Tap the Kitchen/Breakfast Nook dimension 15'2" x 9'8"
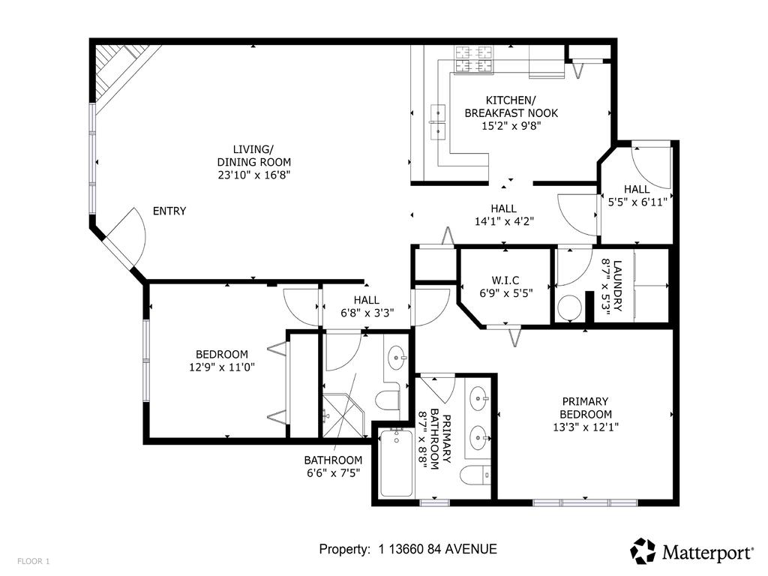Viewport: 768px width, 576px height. pyautogui.click(x=511, y=126)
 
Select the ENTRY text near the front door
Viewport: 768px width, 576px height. pyautogui.click(x=169, y=211)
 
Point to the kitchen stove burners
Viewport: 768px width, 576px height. pyautogui.click(x=475, y=60)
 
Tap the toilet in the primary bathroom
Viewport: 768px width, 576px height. pyautogui.click(x=475, y=475)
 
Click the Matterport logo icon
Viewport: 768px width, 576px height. pyautogui.click(x=643, y=551)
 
